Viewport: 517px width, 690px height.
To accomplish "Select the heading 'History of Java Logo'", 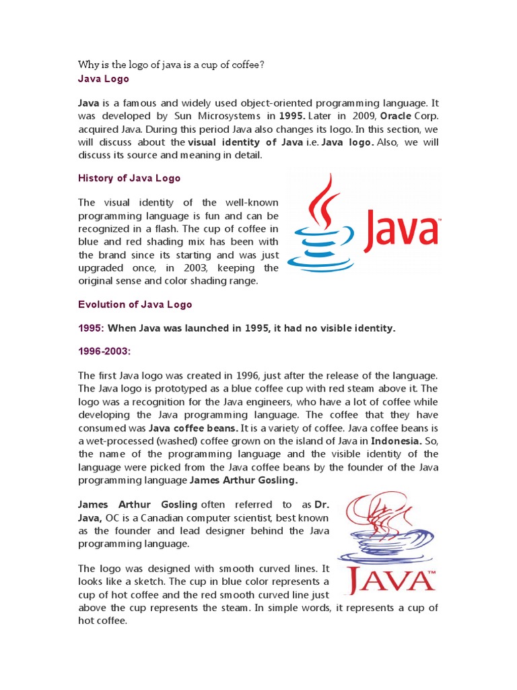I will pos(129,179).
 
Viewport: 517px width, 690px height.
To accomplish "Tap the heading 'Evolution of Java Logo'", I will pos(135,304).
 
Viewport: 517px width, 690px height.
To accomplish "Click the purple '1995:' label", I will pos(91,328).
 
